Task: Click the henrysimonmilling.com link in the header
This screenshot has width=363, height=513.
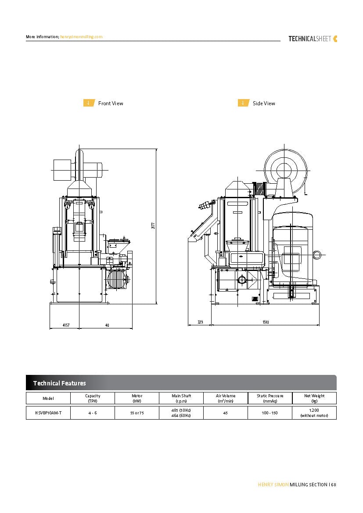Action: point(81,37)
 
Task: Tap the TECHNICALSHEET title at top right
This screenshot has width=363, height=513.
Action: point(310,39)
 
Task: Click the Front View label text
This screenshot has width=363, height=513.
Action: point(111,103)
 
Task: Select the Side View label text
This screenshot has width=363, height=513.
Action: point(264,103)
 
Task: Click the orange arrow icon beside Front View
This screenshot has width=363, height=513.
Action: point(89,103)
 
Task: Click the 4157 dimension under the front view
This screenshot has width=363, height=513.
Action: point(65,325)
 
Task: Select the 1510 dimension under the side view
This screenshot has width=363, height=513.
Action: point(266,322)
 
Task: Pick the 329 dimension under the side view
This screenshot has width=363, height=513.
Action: point(200,322)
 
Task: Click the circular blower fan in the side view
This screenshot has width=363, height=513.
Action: point(284,170)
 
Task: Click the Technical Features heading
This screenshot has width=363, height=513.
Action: point(59,383)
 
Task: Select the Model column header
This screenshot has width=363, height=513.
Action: point(48,398)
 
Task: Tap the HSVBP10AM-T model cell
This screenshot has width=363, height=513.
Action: point(48,413)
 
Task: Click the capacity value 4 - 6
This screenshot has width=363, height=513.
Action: point(93,413)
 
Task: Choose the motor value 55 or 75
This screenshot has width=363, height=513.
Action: point(137,413)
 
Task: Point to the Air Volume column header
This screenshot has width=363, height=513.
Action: point(226,398)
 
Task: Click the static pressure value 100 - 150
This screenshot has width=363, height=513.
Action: point(270,413)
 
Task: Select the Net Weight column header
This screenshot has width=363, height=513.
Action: point(314,398)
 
